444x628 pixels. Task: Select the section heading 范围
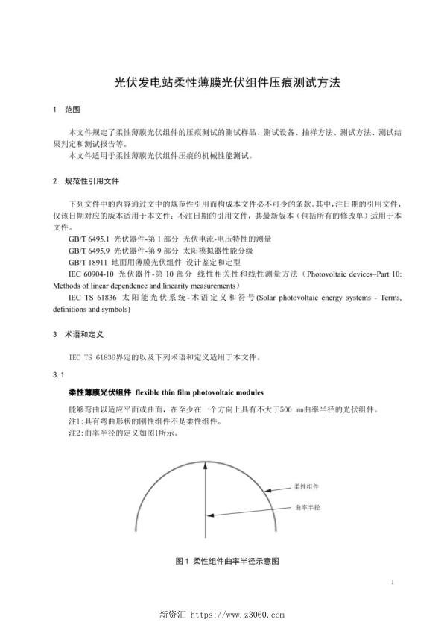tap(72, 110)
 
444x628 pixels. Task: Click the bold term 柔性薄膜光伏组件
tap(100, 392)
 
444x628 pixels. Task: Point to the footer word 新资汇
tap(174, 615)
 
